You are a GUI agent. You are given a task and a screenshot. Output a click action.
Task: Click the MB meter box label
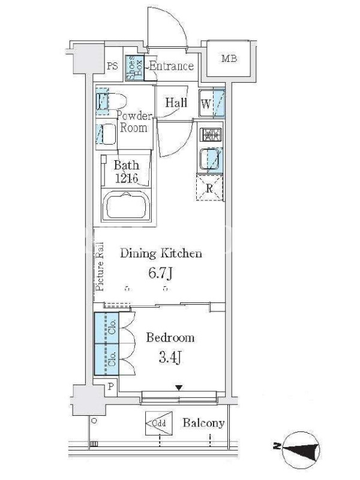229,58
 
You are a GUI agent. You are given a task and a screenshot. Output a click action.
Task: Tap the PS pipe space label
112,66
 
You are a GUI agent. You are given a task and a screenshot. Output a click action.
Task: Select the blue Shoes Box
134,68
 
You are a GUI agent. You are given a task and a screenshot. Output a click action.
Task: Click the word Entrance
172,66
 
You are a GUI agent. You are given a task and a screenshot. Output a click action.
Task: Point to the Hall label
176,103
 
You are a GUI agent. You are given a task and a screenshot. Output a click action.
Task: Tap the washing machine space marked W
212,103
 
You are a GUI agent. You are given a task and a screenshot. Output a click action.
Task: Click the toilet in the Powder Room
110,101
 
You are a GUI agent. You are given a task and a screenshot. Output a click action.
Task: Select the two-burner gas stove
211,134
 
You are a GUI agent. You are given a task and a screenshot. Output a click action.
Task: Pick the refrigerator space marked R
209,188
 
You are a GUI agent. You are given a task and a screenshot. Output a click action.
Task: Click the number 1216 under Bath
127,178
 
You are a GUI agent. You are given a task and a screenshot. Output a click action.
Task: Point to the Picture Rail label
100,266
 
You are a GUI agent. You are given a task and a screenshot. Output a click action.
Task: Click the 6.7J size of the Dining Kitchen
160,272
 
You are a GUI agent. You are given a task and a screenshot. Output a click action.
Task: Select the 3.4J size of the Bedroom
170,357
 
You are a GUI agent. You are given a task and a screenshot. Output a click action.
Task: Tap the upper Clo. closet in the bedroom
106,328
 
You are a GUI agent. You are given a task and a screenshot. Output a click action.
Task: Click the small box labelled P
110,386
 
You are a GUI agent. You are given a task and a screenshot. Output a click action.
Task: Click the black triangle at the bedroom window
179,388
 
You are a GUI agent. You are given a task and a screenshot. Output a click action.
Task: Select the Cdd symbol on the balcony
159,424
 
